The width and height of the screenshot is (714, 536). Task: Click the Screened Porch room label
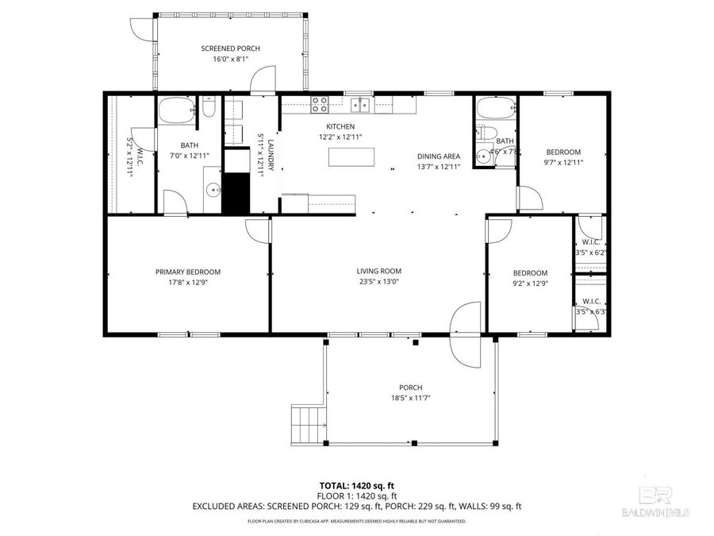coord(230,48)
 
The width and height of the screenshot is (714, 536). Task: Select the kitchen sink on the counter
coord(361,102)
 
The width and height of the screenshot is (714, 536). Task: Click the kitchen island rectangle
coord(352,157)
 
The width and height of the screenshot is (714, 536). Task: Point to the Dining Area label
coord(439,156)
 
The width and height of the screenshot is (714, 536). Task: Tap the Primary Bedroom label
coord(187,272)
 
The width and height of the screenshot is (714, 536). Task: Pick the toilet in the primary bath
coord(208,108)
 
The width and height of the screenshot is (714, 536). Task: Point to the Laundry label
coord(271,155)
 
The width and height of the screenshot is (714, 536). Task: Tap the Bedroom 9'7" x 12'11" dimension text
coord(563,163)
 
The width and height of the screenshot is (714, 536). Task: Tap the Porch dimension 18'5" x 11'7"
coord(410,398)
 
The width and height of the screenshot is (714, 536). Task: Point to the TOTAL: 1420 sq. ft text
coord(356,484)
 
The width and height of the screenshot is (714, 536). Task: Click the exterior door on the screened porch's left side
coord(140,27)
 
